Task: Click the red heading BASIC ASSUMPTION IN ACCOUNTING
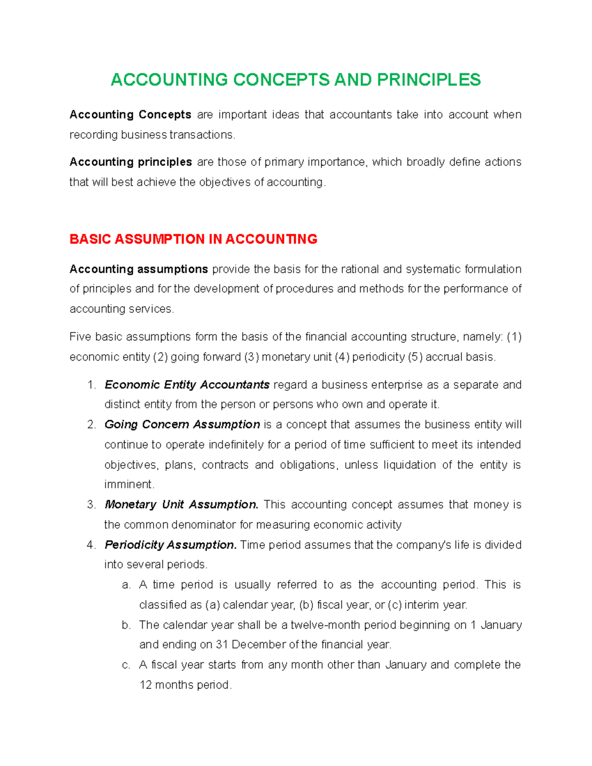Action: click(193, 239)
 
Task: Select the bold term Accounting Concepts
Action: click(130, 115)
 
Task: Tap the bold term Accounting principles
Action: click(131, 162)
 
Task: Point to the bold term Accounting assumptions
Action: click(139, 269)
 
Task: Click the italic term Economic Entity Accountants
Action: click(187, 385)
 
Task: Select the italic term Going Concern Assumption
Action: click(182, 425)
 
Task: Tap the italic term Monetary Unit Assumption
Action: click(182, 505)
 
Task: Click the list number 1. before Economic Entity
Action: click(91, 385)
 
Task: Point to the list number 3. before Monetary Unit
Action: click(91, 505)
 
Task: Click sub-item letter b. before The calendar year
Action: click(126, 625)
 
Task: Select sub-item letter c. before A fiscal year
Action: click(126, 665)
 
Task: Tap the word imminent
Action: click(129, 485)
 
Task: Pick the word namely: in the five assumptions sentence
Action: click(483, 337)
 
